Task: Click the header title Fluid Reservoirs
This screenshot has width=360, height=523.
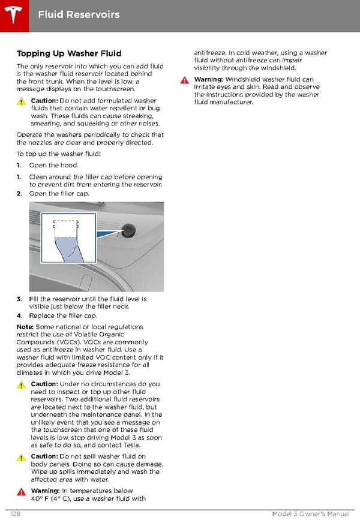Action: pyautogui.click(x=79, y=14)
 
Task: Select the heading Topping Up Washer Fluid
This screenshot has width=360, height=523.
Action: pyautogui.click(x=69, y=54)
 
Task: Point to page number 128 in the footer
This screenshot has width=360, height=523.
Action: pyautogui.click(x=17, y=514)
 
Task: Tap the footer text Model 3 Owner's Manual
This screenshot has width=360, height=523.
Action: pyautogui.click(x=310, y=514)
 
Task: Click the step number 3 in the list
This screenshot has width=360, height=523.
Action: pyautogui.click(x=19, y=299)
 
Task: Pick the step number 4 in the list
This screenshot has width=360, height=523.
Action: pyautogui.click(x=19, y=315)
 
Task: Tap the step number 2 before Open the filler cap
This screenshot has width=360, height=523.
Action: pyautogui.click(x=19, y=194)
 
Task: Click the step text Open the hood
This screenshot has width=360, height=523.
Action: pyautogui.click(x=53, y=165)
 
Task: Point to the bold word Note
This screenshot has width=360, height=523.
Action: pyautogui.click(x=25, y=327)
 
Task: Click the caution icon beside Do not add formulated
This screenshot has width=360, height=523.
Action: pyautogui.click(x=22, y=101)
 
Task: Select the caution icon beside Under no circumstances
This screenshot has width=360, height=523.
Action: pyautogui.click(x=22, y=384)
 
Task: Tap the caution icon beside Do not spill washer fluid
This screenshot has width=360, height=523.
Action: pyautogui.click(x=22, y=457)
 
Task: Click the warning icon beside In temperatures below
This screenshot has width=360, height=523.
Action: pyautogui.click(x=22, y=491)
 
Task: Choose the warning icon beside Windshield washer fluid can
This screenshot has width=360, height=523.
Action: pyautogui.click(x=185, y=80)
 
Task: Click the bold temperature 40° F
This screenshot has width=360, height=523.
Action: pyautogui.click(x=40, y=498)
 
